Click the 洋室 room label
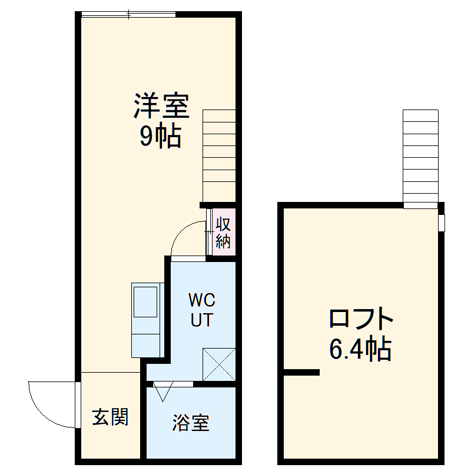point(160,107)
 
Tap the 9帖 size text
point(160,137)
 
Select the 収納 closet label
point(223,233)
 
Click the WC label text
point(202,300)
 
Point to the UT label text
point(202,321)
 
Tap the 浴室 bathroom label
point(191,423)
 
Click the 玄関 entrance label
point(110,417)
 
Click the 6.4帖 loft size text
point(360,350)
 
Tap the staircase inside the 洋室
point(219,155)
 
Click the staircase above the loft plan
point(421,158)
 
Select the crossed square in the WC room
point(219,364)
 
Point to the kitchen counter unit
point(146,319)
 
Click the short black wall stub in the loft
point(301,372)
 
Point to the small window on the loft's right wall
point(442,223)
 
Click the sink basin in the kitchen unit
point(146,301)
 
